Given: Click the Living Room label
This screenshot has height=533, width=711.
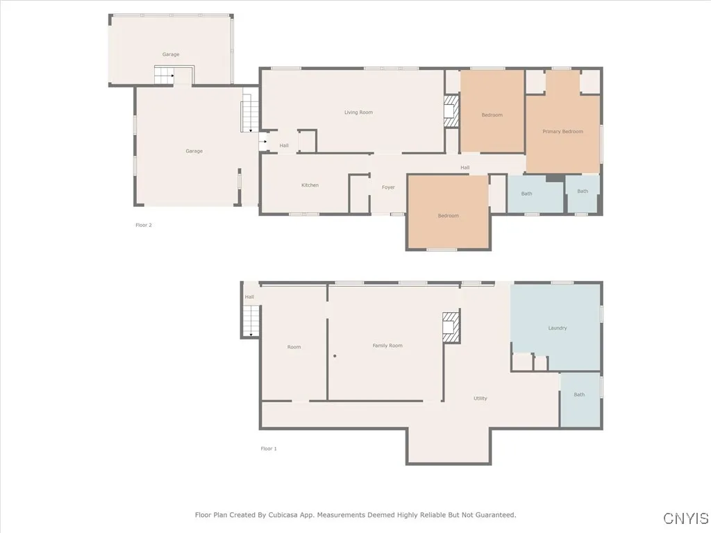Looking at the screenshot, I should pyautogui.click(x=358, y=112).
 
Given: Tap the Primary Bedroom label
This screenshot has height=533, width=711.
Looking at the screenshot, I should pyautogui.click(x=562, y=132).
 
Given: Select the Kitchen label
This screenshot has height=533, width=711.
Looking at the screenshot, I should pyautogui.click(x=310, y=185).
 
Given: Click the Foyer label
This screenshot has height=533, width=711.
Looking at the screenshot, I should pyautogui.click(x=388, y=187).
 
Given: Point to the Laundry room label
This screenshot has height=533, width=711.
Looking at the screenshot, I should pyautogui.click(x=557, y=328).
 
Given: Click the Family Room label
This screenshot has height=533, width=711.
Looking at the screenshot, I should pyautogui.click(x=387, y=346).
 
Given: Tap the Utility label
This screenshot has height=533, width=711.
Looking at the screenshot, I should pyautogui.click(x=480, y=398).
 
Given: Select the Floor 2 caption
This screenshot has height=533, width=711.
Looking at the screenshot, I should pyautogui.click(x=143, y=225).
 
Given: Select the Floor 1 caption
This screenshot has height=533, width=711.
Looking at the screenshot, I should pyautogui.click(x=269, y=449).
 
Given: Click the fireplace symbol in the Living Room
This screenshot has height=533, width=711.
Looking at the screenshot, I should pyautogui.click(x=451, y=111).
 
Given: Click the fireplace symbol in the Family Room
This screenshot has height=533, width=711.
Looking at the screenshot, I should pyautogui.click(x=451, y=327).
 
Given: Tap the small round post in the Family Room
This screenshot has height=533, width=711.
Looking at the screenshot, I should pyautogui.click(x=335, y=356).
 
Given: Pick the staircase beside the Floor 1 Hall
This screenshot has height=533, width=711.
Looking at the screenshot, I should pyautogui.click(x=251, y=321).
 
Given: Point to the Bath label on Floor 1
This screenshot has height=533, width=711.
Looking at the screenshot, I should pyautogui.click(x=579, y=395).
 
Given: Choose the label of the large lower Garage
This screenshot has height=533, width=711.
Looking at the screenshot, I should pyautogui.click(x=194, y=151).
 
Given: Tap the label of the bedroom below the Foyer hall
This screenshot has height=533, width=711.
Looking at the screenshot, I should pyautogui.click(x=448, y=216).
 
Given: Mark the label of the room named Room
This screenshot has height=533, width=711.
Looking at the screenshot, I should pyautogui.click(x=294, y=347).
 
